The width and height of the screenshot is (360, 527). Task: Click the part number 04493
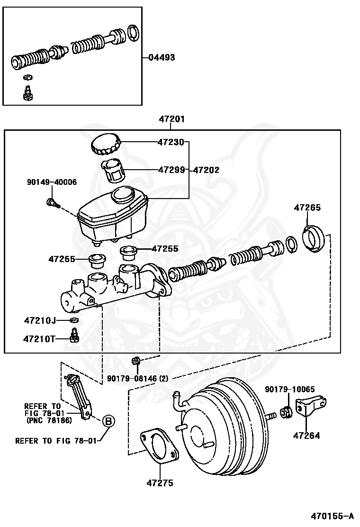coord(162,58)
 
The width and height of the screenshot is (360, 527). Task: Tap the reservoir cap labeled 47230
coord(106,144)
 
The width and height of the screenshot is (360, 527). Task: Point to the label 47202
coord(206,170)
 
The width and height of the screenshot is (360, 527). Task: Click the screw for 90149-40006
coord(52,203)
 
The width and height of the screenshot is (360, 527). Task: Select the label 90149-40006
coord(52,182)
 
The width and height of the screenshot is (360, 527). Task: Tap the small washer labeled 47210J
coord(74,321)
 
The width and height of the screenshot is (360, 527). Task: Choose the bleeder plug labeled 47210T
coord(73,337)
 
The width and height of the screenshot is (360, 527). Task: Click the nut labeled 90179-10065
coord(287,411)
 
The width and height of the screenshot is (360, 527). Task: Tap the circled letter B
coord(108,420)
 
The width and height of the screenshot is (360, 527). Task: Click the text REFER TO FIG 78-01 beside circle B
coord(56,441)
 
